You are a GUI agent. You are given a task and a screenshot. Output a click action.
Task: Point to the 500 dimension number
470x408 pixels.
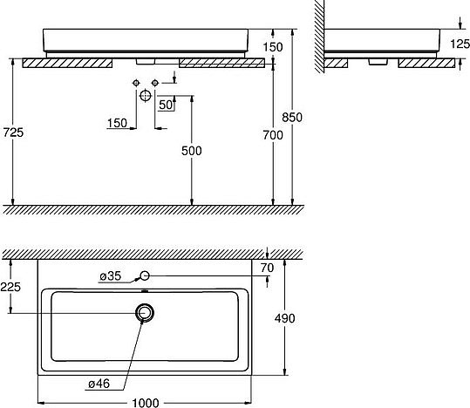[192, 151]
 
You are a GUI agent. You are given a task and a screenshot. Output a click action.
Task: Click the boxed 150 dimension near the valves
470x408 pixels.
[117, 123]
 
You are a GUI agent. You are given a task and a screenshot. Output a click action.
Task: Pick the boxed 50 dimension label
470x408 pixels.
[166, 105]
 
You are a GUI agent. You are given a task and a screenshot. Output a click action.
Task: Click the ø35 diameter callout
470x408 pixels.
[110, 276]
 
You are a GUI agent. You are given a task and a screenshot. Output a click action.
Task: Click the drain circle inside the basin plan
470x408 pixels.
[146, 312]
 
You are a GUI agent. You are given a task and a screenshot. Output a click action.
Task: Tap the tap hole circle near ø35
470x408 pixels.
[146, 276]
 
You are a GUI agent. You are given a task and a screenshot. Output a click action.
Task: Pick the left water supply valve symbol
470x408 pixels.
[137, 82]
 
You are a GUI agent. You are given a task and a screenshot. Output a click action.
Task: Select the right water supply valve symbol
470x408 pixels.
[155, 82]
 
